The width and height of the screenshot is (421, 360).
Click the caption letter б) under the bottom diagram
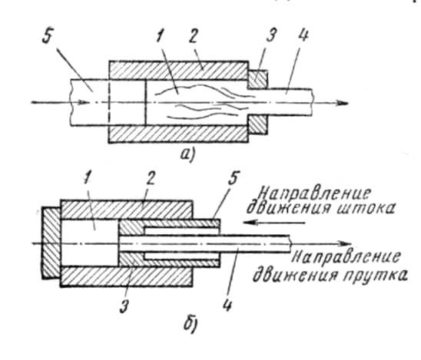click(x=191, y=324)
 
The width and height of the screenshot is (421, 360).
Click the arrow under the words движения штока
click(x=273, y=223)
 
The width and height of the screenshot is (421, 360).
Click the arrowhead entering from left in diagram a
click(x=82, y=102)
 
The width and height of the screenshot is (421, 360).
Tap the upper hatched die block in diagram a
click(x=257, y=79)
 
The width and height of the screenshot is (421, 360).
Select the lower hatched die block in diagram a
click(x=257, y=125)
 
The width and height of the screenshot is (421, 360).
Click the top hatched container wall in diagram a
click(x=178, y=71)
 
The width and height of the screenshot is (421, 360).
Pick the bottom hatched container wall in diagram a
click(x=178, y=134)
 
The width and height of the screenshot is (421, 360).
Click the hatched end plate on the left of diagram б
click(x=51, y=243)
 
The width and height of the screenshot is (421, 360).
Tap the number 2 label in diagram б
click(x=151, y=180)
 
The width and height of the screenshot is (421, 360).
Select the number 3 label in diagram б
click(x=124, y=306)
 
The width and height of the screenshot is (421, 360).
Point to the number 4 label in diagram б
click(x=227, y=304)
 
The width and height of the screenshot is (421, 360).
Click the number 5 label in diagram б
click(x=234, y=178)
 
